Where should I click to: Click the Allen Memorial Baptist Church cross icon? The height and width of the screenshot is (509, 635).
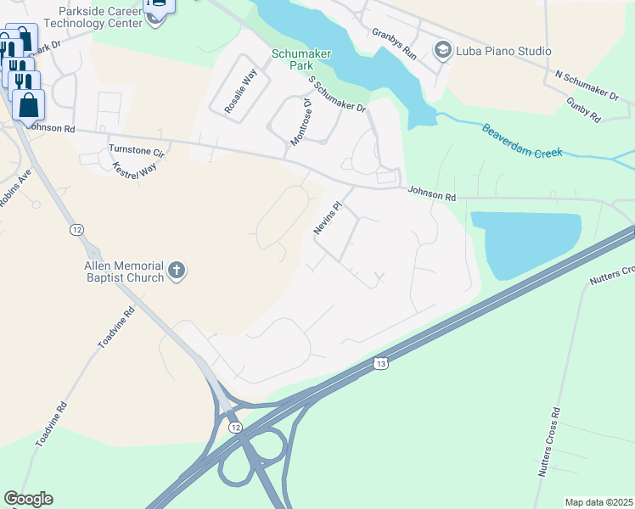(x=177, y=271)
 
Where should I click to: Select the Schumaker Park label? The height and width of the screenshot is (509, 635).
(x=294, y=59)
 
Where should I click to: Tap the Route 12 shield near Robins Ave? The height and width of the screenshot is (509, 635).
(x=77, y=230)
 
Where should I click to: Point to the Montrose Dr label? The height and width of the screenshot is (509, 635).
(x=301, y=123)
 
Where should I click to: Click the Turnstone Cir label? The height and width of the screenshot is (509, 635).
(x=136, y=150)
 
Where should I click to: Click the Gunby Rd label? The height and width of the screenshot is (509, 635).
(x=585, y=109)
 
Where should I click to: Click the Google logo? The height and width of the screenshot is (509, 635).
(x=29, y=499)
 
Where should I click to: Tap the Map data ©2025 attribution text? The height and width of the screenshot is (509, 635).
(x=598, y=502)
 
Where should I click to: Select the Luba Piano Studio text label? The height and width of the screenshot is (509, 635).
(x=503, y=51)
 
